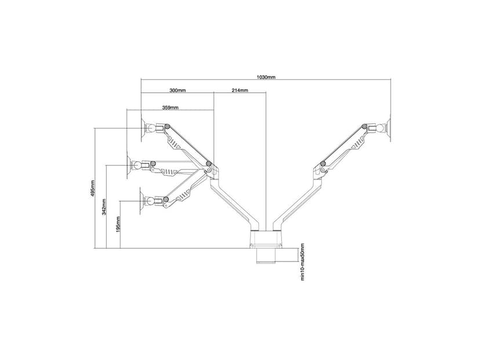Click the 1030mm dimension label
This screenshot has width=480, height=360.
(266, 77)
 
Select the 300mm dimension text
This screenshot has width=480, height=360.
(177, 90)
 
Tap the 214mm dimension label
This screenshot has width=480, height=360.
(240, 90)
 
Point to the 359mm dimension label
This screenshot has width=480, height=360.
(170, 107)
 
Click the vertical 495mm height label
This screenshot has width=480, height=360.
(93, 188)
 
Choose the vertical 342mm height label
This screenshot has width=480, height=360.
(104, 207)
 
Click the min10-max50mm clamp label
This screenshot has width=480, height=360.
(303, 261)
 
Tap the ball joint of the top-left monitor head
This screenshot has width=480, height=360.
(151, 128)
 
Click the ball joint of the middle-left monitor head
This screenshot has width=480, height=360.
(137, 166)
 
